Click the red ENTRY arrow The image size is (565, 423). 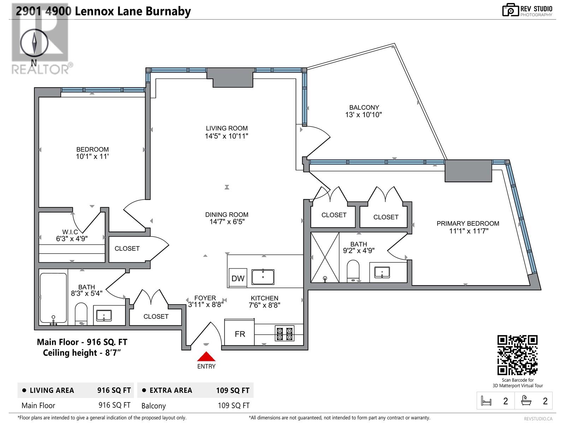coord(206,357)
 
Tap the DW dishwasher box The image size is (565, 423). coord(238,278)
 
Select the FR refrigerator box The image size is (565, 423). coord(240,333)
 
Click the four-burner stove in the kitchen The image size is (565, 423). coord(285,333)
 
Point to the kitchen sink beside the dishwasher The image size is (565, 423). coord(263,277)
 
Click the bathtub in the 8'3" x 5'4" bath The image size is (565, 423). coord(53,298)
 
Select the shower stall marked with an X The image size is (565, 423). coord(325,257)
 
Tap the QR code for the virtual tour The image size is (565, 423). coord(517,355)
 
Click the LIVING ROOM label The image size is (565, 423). coord(227,128)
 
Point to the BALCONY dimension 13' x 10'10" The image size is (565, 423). coord(364,115)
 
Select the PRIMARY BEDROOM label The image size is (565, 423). coord(468,223)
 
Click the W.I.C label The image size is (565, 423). coord(70,232)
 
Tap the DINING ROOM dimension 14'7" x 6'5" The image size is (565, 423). coord(227,222)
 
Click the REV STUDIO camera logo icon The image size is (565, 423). coord(510,10)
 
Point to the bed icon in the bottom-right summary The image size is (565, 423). coord(486,401)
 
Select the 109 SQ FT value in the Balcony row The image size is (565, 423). coord(233,405)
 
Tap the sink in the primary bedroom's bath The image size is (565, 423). coord(382,272)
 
